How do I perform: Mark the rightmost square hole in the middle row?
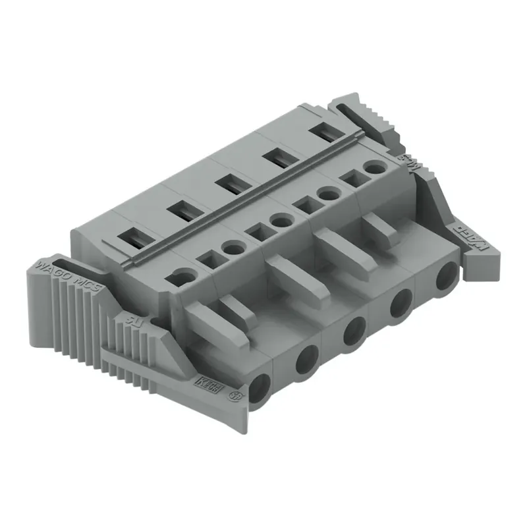point(350,179)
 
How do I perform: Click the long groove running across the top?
point(244,198)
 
